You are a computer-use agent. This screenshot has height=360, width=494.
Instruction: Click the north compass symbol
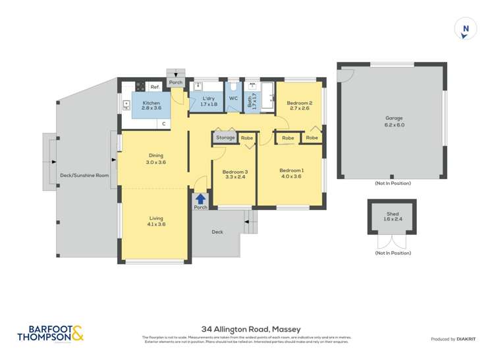point(466,28)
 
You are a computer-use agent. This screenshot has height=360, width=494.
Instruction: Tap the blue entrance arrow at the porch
point(200,197)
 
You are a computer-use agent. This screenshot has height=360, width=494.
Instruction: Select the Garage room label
point(395,118)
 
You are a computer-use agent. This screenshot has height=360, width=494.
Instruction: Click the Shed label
point(393,214)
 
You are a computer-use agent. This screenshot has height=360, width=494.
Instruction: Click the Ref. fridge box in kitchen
point(155,87)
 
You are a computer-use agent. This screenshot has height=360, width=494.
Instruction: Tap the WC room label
point(233,99)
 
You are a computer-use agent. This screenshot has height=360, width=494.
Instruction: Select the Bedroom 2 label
point(299,103)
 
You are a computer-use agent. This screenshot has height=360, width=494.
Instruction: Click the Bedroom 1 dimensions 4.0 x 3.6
point(290,176)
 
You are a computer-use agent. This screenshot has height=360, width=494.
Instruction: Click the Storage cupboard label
point(225,138)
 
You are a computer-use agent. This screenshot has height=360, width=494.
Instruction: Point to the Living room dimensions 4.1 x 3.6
point(155,224)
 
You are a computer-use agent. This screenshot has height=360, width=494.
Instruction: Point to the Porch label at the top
point(175,83)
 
